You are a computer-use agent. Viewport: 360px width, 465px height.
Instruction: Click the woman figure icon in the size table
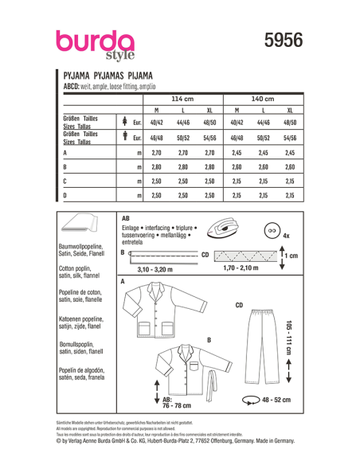(x=125, y=123)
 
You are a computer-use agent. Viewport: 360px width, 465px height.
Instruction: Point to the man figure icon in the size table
(x=125, y=137)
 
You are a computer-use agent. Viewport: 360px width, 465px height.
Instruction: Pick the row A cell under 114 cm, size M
(x=156, y=152)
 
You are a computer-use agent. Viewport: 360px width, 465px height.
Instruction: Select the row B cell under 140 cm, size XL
(x=289, y=167)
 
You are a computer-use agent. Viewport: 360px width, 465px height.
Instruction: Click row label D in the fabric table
(x=65, y=195)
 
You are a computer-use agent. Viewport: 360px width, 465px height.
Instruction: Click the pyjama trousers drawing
(x=258, y=342)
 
